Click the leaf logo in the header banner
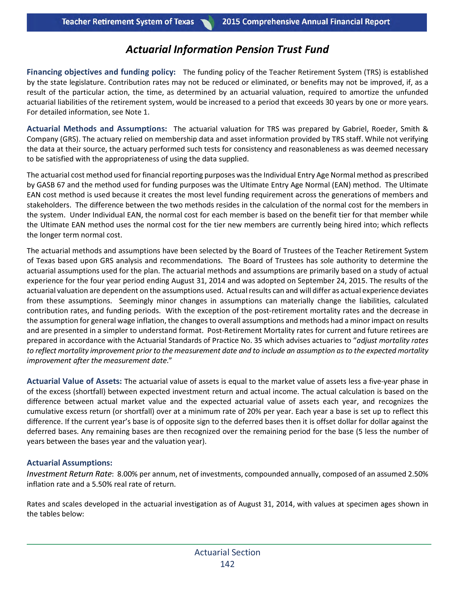pyautogui.click(x=208, y=22)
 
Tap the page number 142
pyautogui.click(x=227, y=564)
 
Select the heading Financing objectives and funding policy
pyautogui.click(x=101, y=72)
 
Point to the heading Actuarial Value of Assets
pyautogui.click(x=74, y=381)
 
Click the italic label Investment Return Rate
pyautogui.click(x=69, y=474)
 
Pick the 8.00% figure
pyautogui.click(x=127, y=474)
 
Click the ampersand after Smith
pyautogui.click(x=425, y=129)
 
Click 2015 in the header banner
pyautogui.click(x=231, y=22)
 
